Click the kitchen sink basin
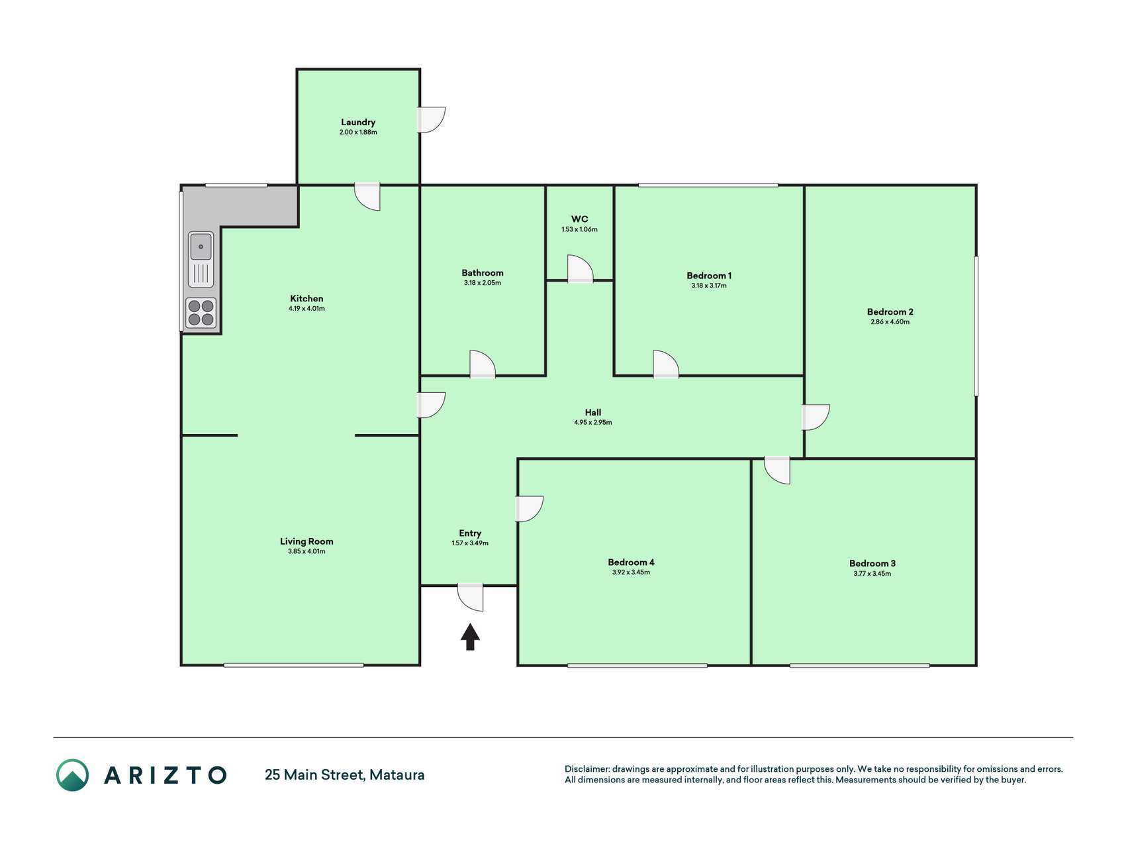(201, 246)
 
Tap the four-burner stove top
(201, 313)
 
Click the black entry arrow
(470, 637)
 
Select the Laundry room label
(358, 122)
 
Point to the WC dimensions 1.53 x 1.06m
(579, 229)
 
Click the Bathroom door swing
(483, 364)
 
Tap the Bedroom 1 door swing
(666, 364)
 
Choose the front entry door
(471, 597)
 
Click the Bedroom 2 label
(890, 311)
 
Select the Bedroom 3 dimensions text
(872, 574)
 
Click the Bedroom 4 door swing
(530, 508)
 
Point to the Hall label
(593, 412)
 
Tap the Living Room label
(306, 541)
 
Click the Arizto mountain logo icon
(72, 775)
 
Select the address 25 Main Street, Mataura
(345, 774)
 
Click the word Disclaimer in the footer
(587, 769)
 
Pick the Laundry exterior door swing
(432, 119)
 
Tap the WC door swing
(581, 269)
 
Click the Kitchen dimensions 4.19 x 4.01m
(306, 309)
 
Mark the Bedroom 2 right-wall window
(976, 326)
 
